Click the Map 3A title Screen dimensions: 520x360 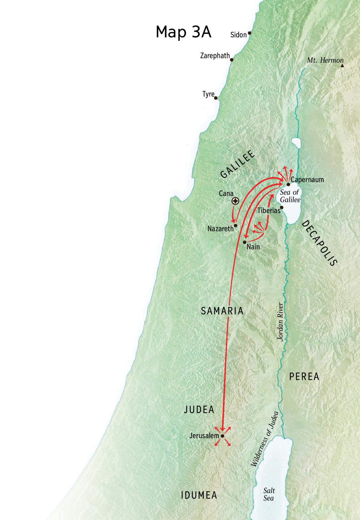click(x=183, y=32)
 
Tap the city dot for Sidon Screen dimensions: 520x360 click(x=249, y=33)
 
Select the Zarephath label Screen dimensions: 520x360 click(x=215, y=56)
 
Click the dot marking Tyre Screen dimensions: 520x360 click(x=216, y=98)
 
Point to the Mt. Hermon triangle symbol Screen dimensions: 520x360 click(x=342, y=65)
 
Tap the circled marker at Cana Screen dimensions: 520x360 click(x=235, y=201)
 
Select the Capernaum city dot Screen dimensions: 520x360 click(x=288, y=184)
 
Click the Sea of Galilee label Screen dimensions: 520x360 click(x=290, y=196)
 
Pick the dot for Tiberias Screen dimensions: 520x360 click(x=282, y=207)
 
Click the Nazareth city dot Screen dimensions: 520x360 click(x=235, y=225)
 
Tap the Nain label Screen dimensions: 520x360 click(x=253, y=247)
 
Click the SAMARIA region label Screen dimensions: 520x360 click(x=222, y=311)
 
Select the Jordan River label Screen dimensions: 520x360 click(x=280, y=322)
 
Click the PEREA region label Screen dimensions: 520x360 click(x=304, y=377)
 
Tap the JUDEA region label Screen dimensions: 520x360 click(x=199, y=410)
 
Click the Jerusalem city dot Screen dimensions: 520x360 click(x=222, y=436)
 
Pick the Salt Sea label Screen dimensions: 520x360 click(x=268, y=494)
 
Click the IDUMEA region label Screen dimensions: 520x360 click(x=199, y=495)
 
